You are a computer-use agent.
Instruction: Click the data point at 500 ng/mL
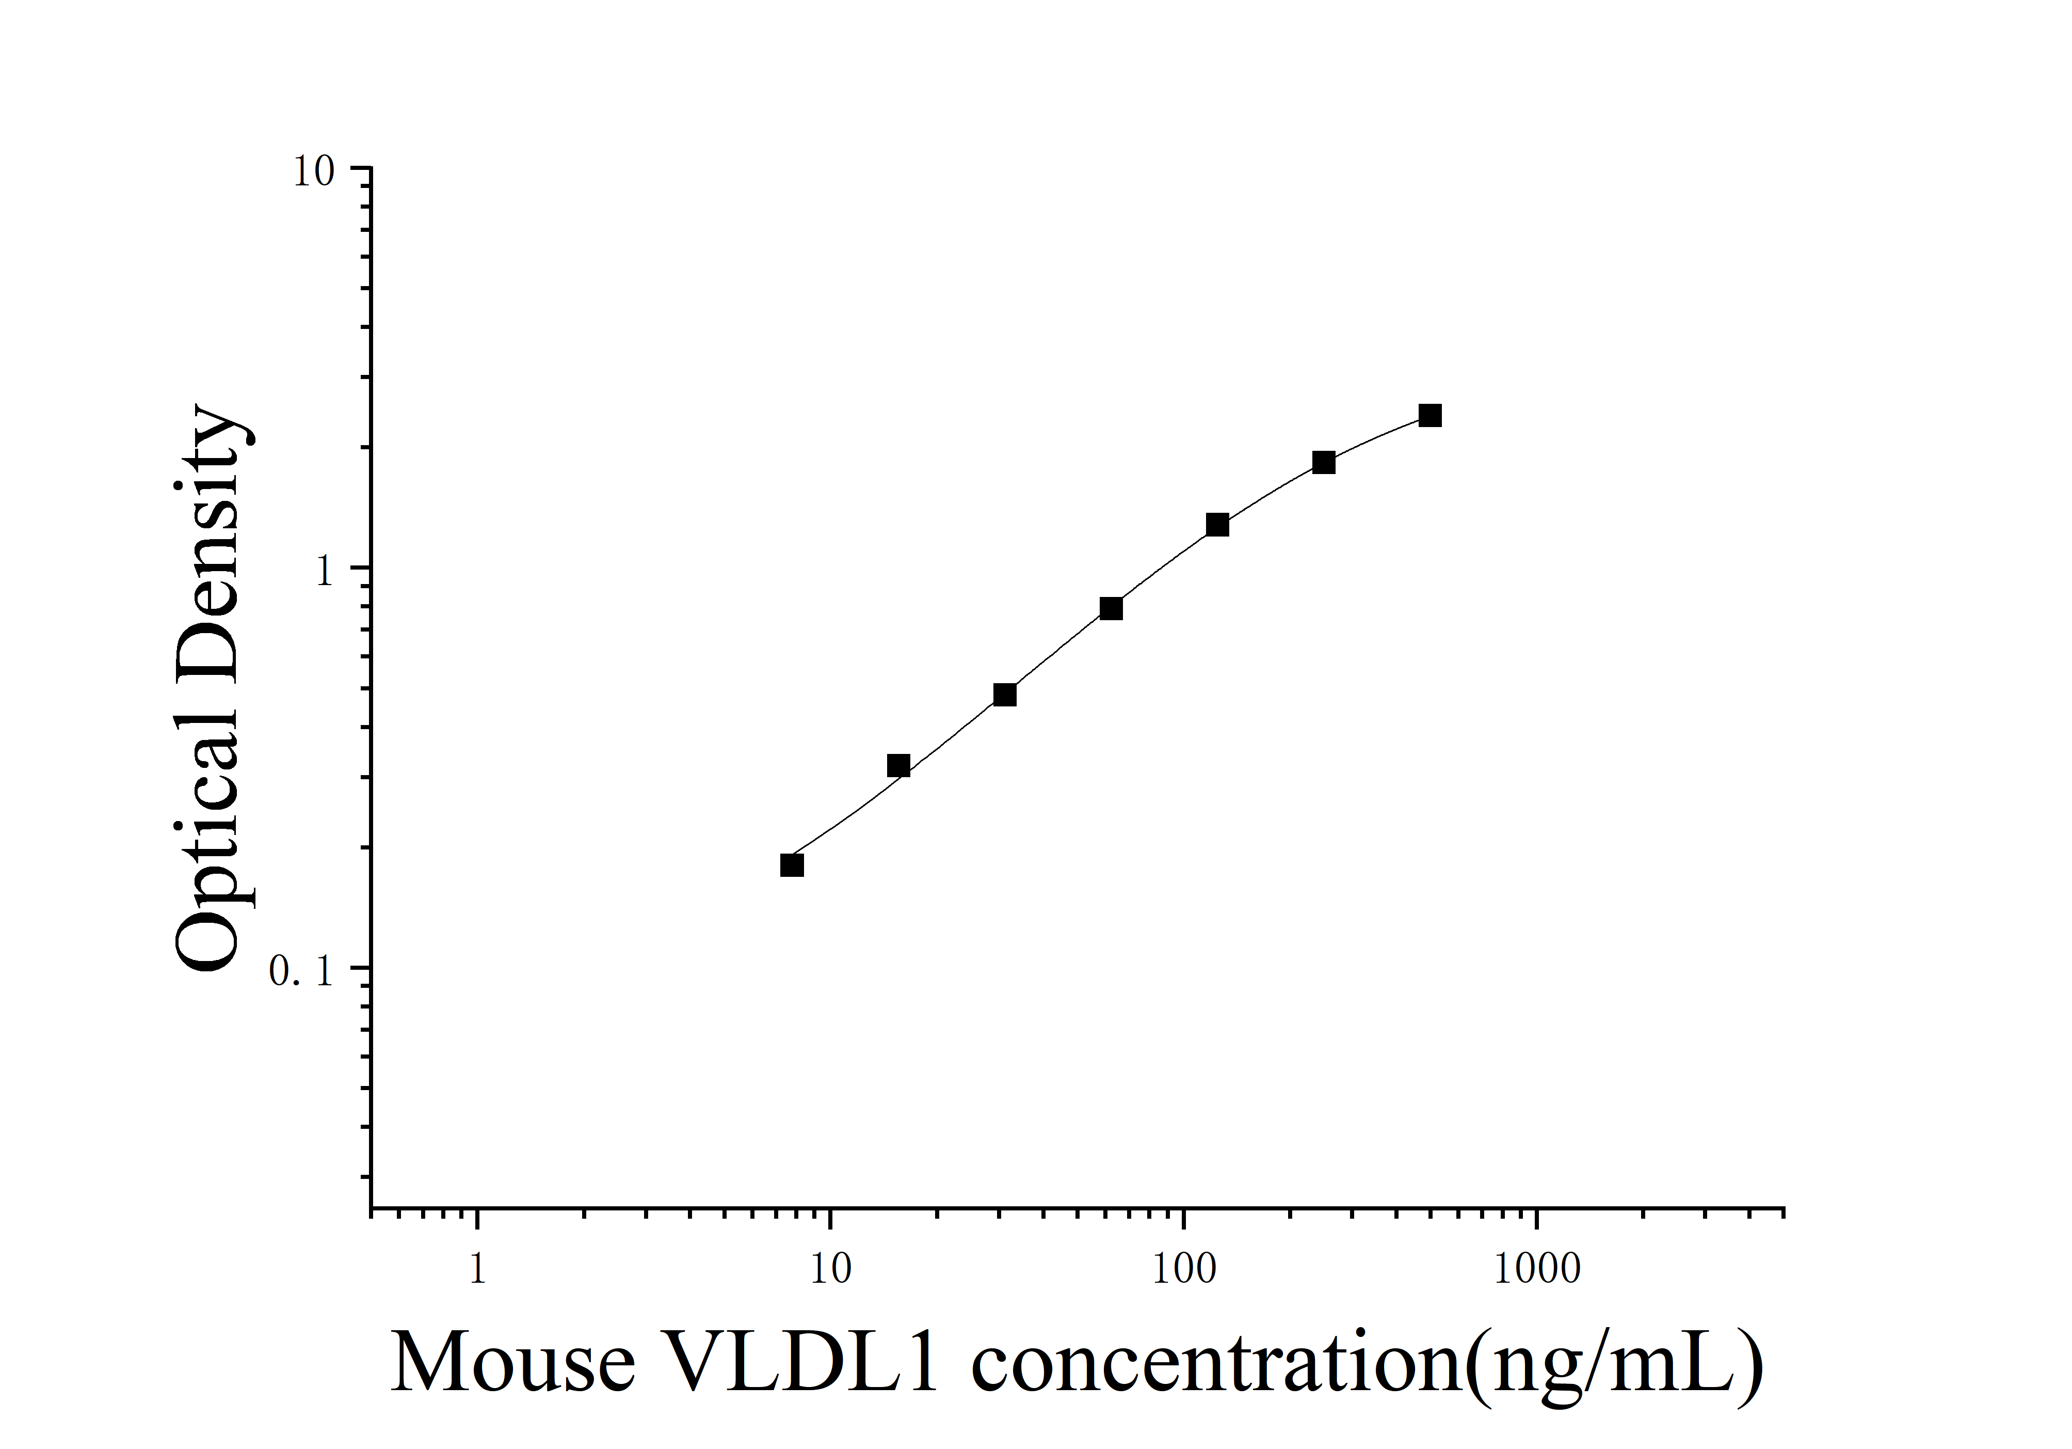[1429, 415]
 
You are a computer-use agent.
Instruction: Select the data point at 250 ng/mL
[1323, 462]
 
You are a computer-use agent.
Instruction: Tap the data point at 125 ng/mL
[1217, 525]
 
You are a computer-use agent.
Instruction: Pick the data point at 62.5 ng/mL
[1111, 608]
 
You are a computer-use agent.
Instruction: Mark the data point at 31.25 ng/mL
[1004, 694]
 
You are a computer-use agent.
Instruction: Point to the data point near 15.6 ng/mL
[898, 766]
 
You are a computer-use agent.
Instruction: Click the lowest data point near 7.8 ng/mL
[792, 865]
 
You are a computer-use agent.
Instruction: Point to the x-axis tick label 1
[477, 1270]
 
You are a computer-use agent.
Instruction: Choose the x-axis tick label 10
[829, 1270]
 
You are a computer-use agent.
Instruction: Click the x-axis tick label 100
[1184, 1270]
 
